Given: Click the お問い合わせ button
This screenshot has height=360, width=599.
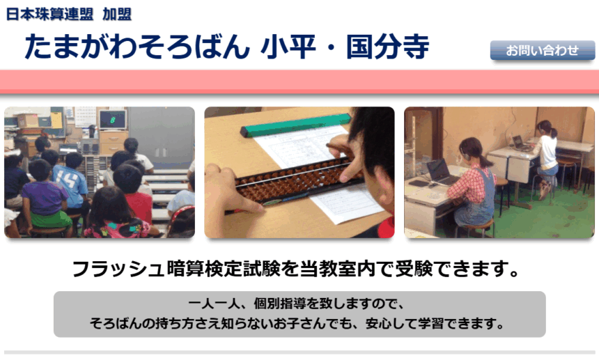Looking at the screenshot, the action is [543, 50].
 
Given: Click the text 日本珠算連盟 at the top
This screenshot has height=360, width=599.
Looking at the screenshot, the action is [49, 14].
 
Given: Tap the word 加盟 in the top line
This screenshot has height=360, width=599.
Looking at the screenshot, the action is [117, 14].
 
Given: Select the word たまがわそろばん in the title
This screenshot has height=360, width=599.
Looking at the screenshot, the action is [137, 47].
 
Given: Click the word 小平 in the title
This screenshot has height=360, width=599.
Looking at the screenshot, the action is [288, 47].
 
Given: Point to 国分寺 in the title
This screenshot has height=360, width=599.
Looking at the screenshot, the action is [388, 47].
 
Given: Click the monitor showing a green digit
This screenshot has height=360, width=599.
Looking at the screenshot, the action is [113, 120].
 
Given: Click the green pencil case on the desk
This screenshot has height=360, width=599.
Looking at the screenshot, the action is [295, 125].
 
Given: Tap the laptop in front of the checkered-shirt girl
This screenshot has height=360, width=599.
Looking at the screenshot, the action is [441, 172].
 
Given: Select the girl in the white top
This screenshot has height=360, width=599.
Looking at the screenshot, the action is [546, 157].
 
